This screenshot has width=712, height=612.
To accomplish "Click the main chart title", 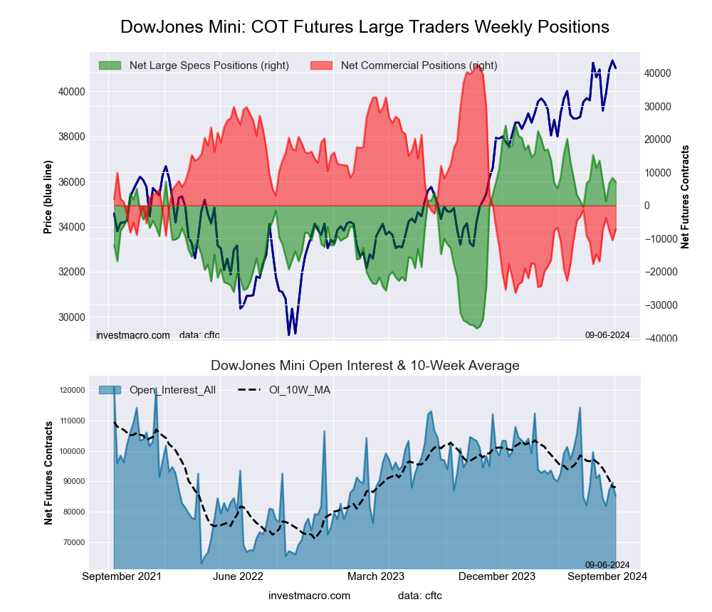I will (365, 27).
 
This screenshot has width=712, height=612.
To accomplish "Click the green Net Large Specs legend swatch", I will (110, 65).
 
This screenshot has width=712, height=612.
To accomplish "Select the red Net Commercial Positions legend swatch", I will (321, 65).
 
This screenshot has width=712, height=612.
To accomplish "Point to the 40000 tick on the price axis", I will (70, 92).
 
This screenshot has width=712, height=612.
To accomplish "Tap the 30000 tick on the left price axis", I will (70, 317).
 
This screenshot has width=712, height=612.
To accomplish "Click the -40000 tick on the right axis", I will (661, 338).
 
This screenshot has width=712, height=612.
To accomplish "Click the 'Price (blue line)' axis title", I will (48, 197).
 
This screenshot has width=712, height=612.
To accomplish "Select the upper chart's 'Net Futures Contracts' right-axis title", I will (685, 196).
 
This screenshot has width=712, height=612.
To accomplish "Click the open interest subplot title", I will (365, 366).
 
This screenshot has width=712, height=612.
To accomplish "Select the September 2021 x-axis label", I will (122, 576).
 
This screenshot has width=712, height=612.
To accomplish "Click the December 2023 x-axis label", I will (503, 576).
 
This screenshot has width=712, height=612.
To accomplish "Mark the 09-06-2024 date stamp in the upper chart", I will (607, 334).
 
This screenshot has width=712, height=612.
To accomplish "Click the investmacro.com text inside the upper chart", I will (132, 335).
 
